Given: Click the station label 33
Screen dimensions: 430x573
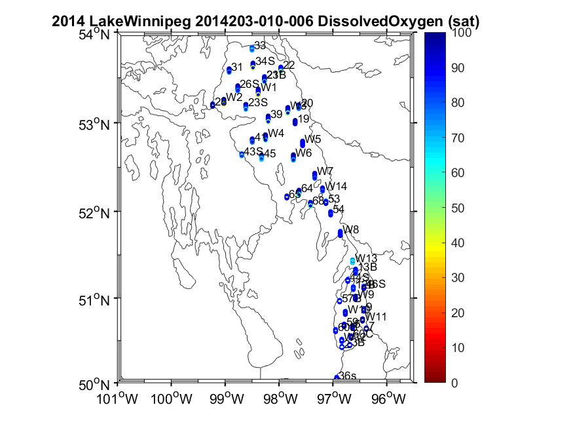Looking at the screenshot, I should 260,45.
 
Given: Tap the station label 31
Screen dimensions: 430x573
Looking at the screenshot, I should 237,67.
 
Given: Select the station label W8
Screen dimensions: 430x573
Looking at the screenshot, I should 352,229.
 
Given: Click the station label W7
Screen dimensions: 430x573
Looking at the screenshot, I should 325,171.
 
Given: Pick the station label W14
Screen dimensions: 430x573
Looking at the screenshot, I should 337,186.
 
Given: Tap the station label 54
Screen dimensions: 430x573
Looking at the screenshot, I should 339,208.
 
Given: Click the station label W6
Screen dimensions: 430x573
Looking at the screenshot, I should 303,153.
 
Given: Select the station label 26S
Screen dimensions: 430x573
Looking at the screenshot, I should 250,84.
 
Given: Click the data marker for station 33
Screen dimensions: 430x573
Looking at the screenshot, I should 252,48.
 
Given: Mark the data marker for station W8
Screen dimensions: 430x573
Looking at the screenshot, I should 341,233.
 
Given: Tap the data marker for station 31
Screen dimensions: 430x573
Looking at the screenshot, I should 229,69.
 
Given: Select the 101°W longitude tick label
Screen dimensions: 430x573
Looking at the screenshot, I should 120,398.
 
